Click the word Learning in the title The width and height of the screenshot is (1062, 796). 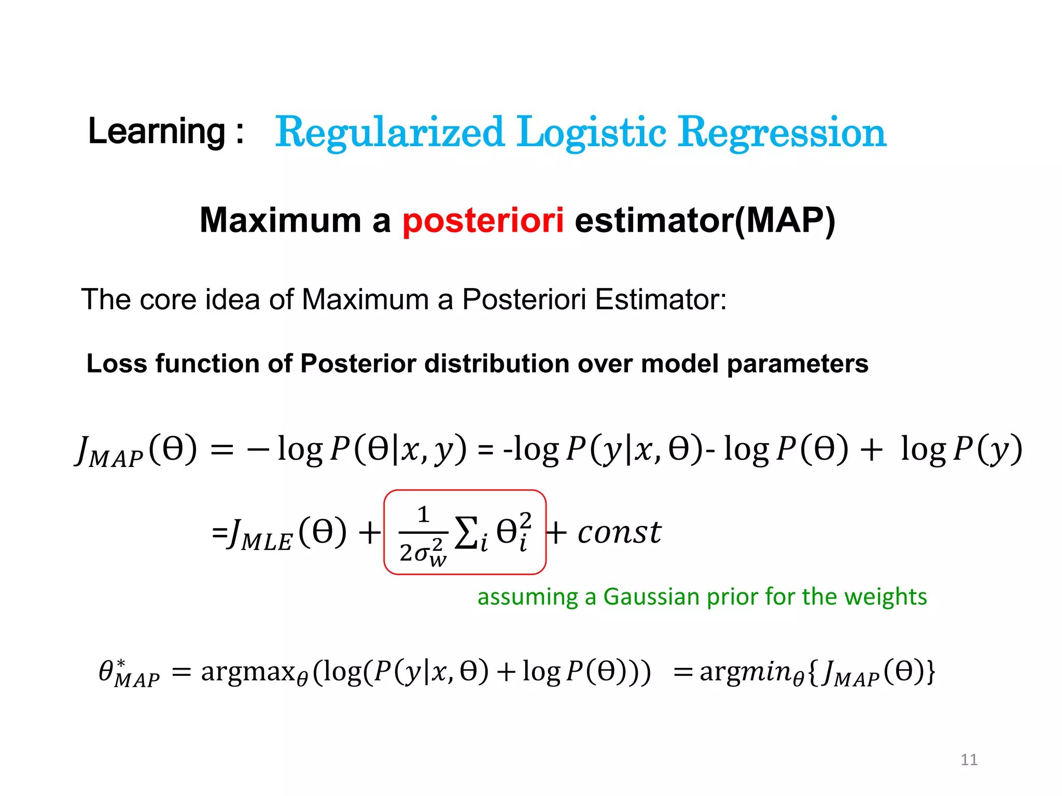click(157, 132)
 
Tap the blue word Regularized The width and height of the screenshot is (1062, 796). click(389, 133)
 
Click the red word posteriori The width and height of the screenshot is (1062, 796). click(483, 221)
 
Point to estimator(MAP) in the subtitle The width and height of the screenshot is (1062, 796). click(705, 221)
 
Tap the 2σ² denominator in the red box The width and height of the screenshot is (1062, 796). click(423, 552)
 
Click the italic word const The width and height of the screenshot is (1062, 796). click(619, 533)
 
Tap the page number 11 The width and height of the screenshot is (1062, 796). click(969, 760)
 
